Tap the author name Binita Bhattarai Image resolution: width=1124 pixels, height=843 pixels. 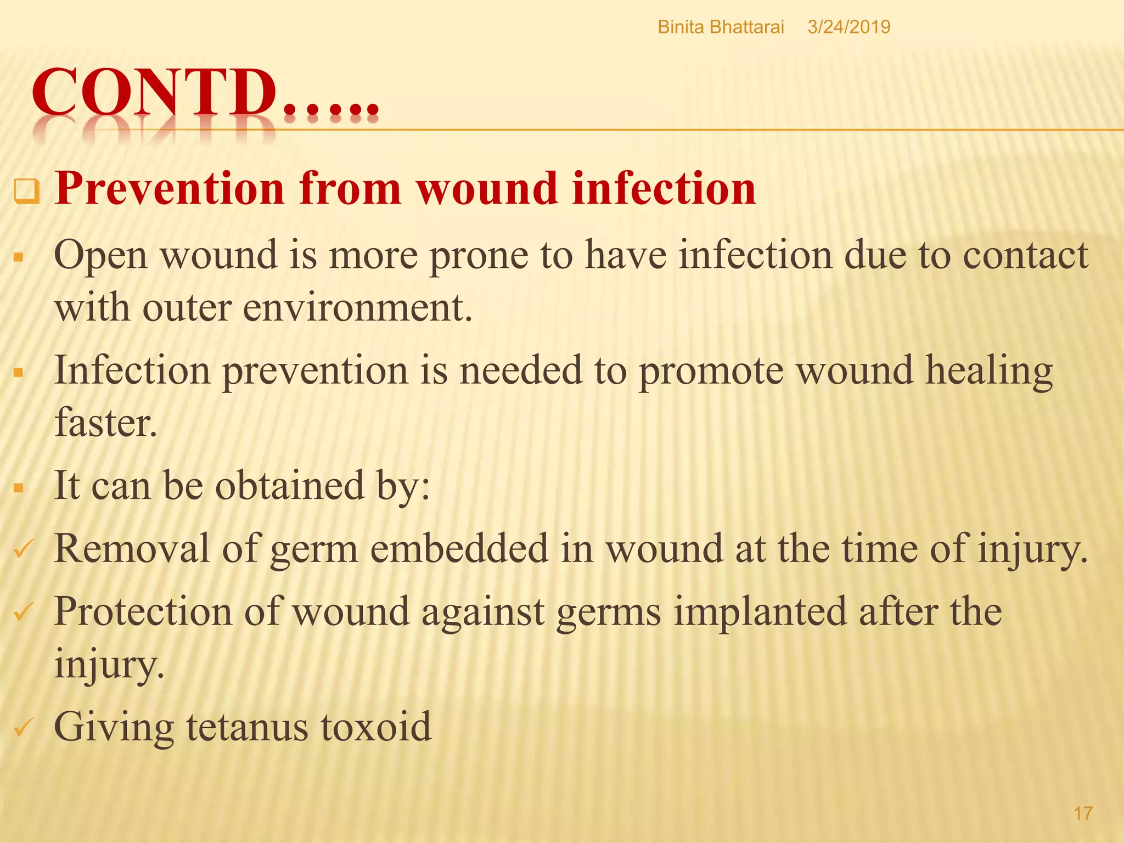point(721,27)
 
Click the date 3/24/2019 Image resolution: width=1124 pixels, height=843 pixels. point(848,27)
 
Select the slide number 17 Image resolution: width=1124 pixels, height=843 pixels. point(1083,813)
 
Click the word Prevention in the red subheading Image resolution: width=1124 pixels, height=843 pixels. point(170,188)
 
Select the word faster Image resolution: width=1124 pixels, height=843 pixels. point(105,423)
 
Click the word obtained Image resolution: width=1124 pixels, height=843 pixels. point(289,486)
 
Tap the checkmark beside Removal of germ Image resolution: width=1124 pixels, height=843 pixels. point(24,549)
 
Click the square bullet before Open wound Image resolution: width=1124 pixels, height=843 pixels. point(19,257)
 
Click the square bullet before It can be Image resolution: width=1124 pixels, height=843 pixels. point(19,488)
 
